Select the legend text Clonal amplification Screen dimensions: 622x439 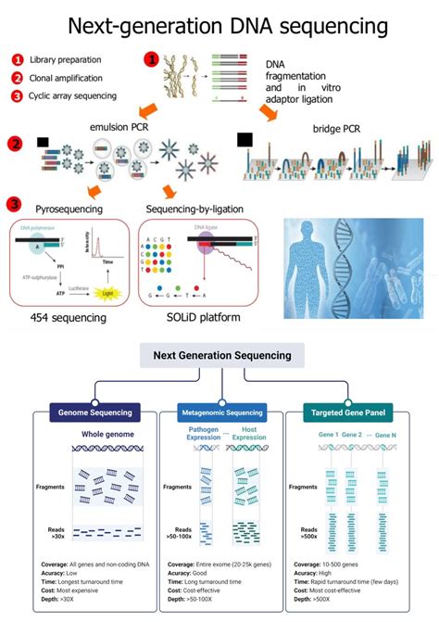[66, 78]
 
